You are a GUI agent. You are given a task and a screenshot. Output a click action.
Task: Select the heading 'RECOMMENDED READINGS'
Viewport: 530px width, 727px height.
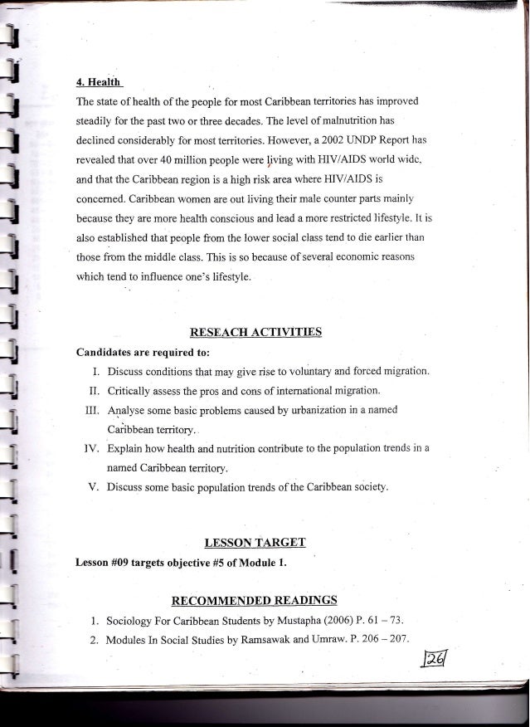coord(254,599)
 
